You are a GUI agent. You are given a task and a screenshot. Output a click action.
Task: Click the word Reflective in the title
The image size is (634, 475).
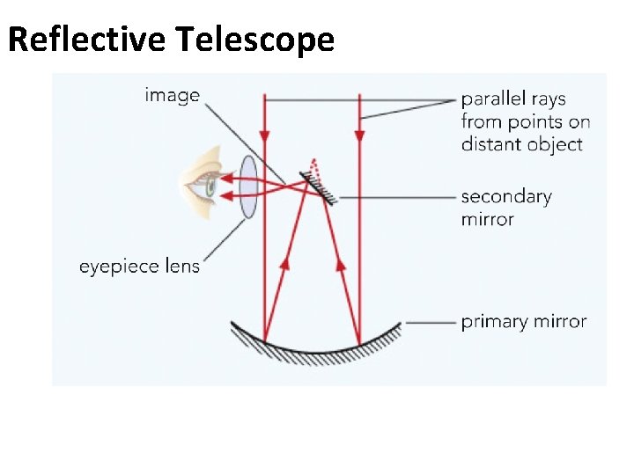tap(88, 40)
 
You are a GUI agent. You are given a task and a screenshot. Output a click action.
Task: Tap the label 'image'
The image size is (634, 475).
tap(172, 95)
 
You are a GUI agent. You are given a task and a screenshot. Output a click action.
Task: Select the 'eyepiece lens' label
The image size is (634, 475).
tap(139, 265)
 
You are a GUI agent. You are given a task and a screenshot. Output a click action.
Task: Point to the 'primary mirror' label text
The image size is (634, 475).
tap(523, 322)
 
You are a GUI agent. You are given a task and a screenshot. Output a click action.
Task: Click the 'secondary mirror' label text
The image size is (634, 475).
tap(505, 208)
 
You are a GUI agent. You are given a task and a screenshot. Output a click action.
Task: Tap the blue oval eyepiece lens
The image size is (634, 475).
tap(248, 187)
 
